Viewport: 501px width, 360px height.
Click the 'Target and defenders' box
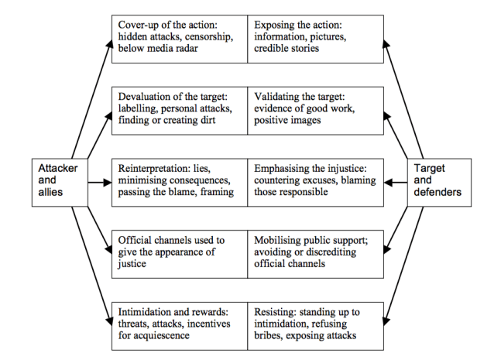pyautogui.click(x=434, y=183)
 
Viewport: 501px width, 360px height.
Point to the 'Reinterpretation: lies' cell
pyautogui.click(x=180, y=182)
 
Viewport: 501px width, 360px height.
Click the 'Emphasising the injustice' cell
pyautogui.click(x=316, y=182)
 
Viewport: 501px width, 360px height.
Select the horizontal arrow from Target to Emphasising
pyautogui.click(x=395, y=183)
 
